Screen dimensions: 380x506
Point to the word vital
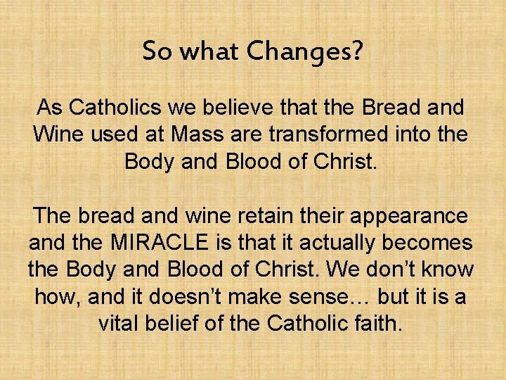coord(123,323)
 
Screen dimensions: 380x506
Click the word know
coord(447,270)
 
